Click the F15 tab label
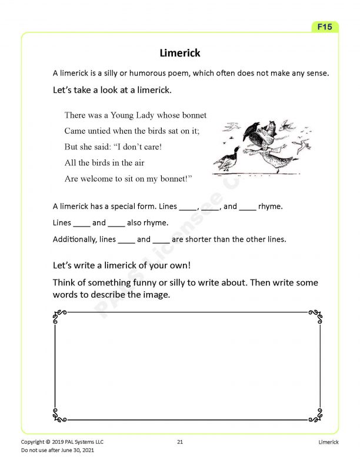point(325,27)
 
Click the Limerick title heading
point(180,54)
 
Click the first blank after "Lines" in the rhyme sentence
point(188,207)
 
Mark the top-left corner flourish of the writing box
point(59,317)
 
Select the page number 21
point(180,441)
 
